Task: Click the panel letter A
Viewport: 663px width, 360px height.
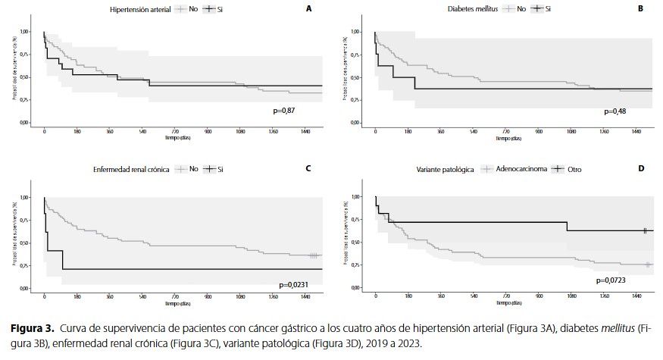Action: point(308,8)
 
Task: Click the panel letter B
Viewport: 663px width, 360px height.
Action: point(640,8)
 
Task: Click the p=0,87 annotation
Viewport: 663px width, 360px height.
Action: point(285,111)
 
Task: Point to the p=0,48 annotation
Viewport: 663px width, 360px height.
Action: point(617,111)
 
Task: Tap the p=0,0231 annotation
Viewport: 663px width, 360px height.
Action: point(295,283)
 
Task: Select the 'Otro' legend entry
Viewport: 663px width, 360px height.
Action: point(575,169)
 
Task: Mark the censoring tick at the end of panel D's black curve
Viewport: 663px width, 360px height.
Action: point(645,230)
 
